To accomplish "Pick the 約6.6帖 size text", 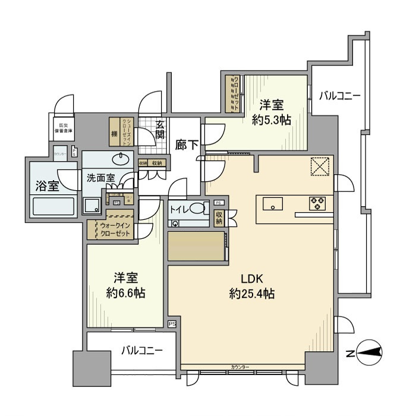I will pos(126,292).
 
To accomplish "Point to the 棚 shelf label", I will pos(113,134).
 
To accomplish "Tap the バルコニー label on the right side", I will pos(339,94).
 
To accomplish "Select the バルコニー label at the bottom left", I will pos(143,351).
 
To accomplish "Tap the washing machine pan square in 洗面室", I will pos(92,206).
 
